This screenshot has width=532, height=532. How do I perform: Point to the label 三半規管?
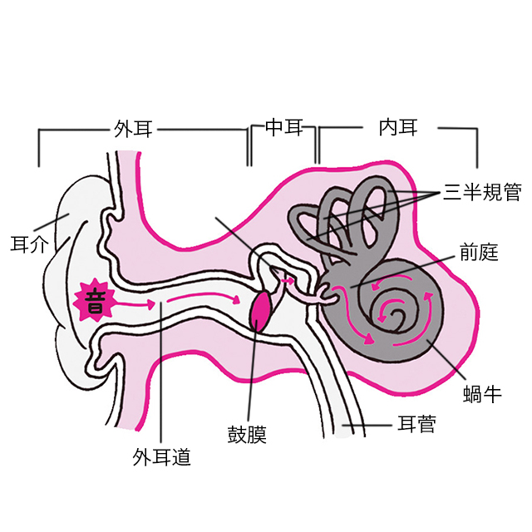tap(482, 193)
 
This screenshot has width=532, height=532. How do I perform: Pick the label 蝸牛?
tap(481, 392)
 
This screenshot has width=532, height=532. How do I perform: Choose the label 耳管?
tap(416, 427)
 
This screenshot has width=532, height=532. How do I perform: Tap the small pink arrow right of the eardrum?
tap(288, 283)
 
